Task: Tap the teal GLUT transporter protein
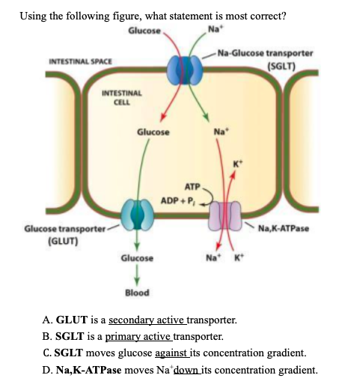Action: click(136, 213)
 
